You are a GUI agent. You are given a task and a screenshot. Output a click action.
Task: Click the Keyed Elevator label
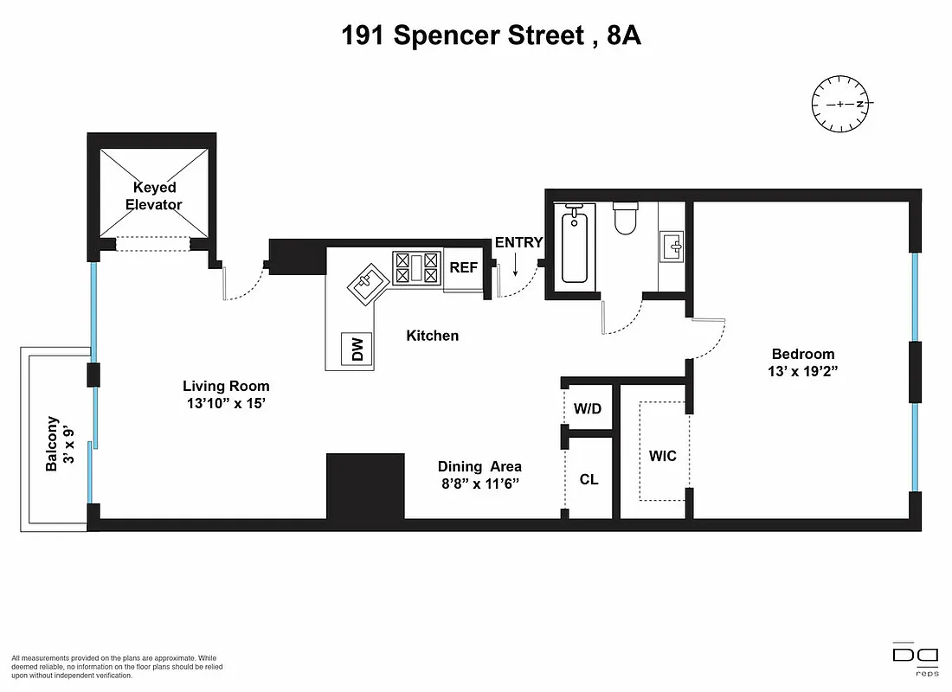(154, 196)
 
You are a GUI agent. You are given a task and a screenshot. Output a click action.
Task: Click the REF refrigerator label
(463, 267)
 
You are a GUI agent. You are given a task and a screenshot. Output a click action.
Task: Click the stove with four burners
(417, 267)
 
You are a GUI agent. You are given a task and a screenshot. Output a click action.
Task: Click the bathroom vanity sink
(672, 248)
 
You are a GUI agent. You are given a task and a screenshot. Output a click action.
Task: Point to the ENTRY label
(518, 243)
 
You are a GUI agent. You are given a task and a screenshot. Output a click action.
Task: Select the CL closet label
(589, 479)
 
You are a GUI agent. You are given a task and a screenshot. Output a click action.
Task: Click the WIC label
(663, 456)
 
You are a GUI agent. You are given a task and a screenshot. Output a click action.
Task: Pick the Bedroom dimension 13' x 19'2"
(803, 371)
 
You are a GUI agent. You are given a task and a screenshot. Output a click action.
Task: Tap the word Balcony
(53, 445)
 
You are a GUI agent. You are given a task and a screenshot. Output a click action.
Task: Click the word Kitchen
(433, 336)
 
